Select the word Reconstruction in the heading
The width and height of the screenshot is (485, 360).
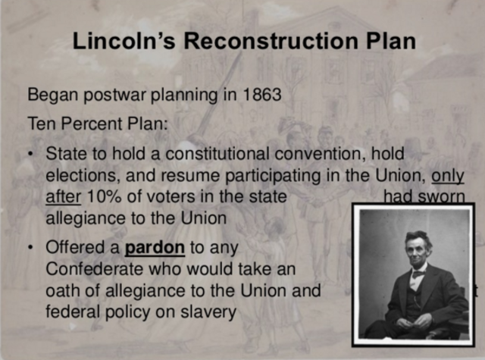click(265, 41)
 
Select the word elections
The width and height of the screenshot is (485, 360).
click(78, 176)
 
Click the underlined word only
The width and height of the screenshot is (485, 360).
click(448, 176)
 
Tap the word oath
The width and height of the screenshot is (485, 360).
click(61, 291)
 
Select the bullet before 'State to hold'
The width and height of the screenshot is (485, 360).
click(30, 154)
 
